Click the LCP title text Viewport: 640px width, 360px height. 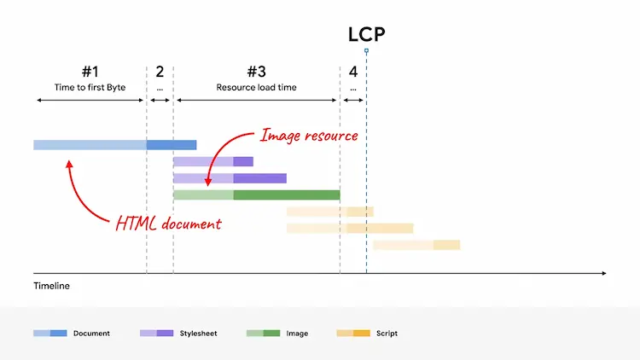pos(366,34)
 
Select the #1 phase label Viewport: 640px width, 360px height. pos(90,72)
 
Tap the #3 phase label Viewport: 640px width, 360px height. pos(256,72)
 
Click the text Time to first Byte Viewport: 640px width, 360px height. pos(90,87)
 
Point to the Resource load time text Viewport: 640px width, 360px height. pos(256,87)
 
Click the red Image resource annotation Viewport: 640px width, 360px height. pos(308,135)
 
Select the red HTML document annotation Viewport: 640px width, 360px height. pos(168,224)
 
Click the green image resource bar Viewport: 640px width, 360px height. pos(256,195)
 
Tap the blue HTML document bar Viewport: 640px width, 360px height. pos(114,145)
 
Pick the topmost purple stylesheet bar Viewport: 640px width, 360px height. pos(212,161)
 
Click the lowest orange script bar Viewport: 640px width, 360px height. pos(416,245)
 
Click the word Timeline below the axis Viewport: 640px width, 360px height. pos(51,286)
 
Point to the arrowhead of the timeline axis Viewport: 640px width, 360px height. pos(604,274)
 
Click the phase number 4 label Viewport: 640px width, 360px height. pos(353,72)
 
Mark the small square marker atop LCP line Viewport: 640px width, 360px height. pos(366,51)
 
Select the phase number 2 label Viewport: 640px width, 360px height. pos(160,72)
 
